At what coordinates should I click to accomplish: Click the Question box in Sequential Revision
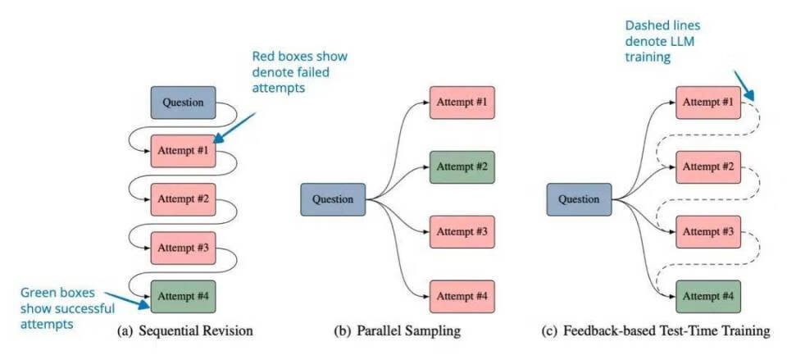point(183,103)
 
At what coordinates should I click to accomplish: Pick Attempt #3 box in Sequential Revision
point(183,247)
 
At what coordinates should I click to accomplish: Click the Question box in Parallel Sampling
point(333,199)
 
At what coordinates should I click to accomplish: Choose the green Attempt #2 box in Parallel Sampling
point(462,166)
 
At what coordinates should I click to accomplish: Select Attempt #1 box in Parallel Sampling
point(462,103)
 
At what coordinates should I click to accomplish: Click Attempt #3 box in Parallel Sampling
point(462,231)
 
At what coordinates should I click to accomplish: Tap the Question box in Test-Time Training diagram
point(580,199)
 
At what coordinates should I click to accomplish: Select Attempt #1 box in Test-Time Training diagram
point(707,103)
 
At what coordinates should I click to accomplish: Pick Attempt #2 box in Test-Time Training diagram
point(707,166)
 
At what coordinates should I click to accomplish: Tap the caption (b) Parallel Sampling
point(398,331)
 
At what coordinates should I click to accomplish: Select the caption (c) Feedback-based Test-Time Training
point(656,331)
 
